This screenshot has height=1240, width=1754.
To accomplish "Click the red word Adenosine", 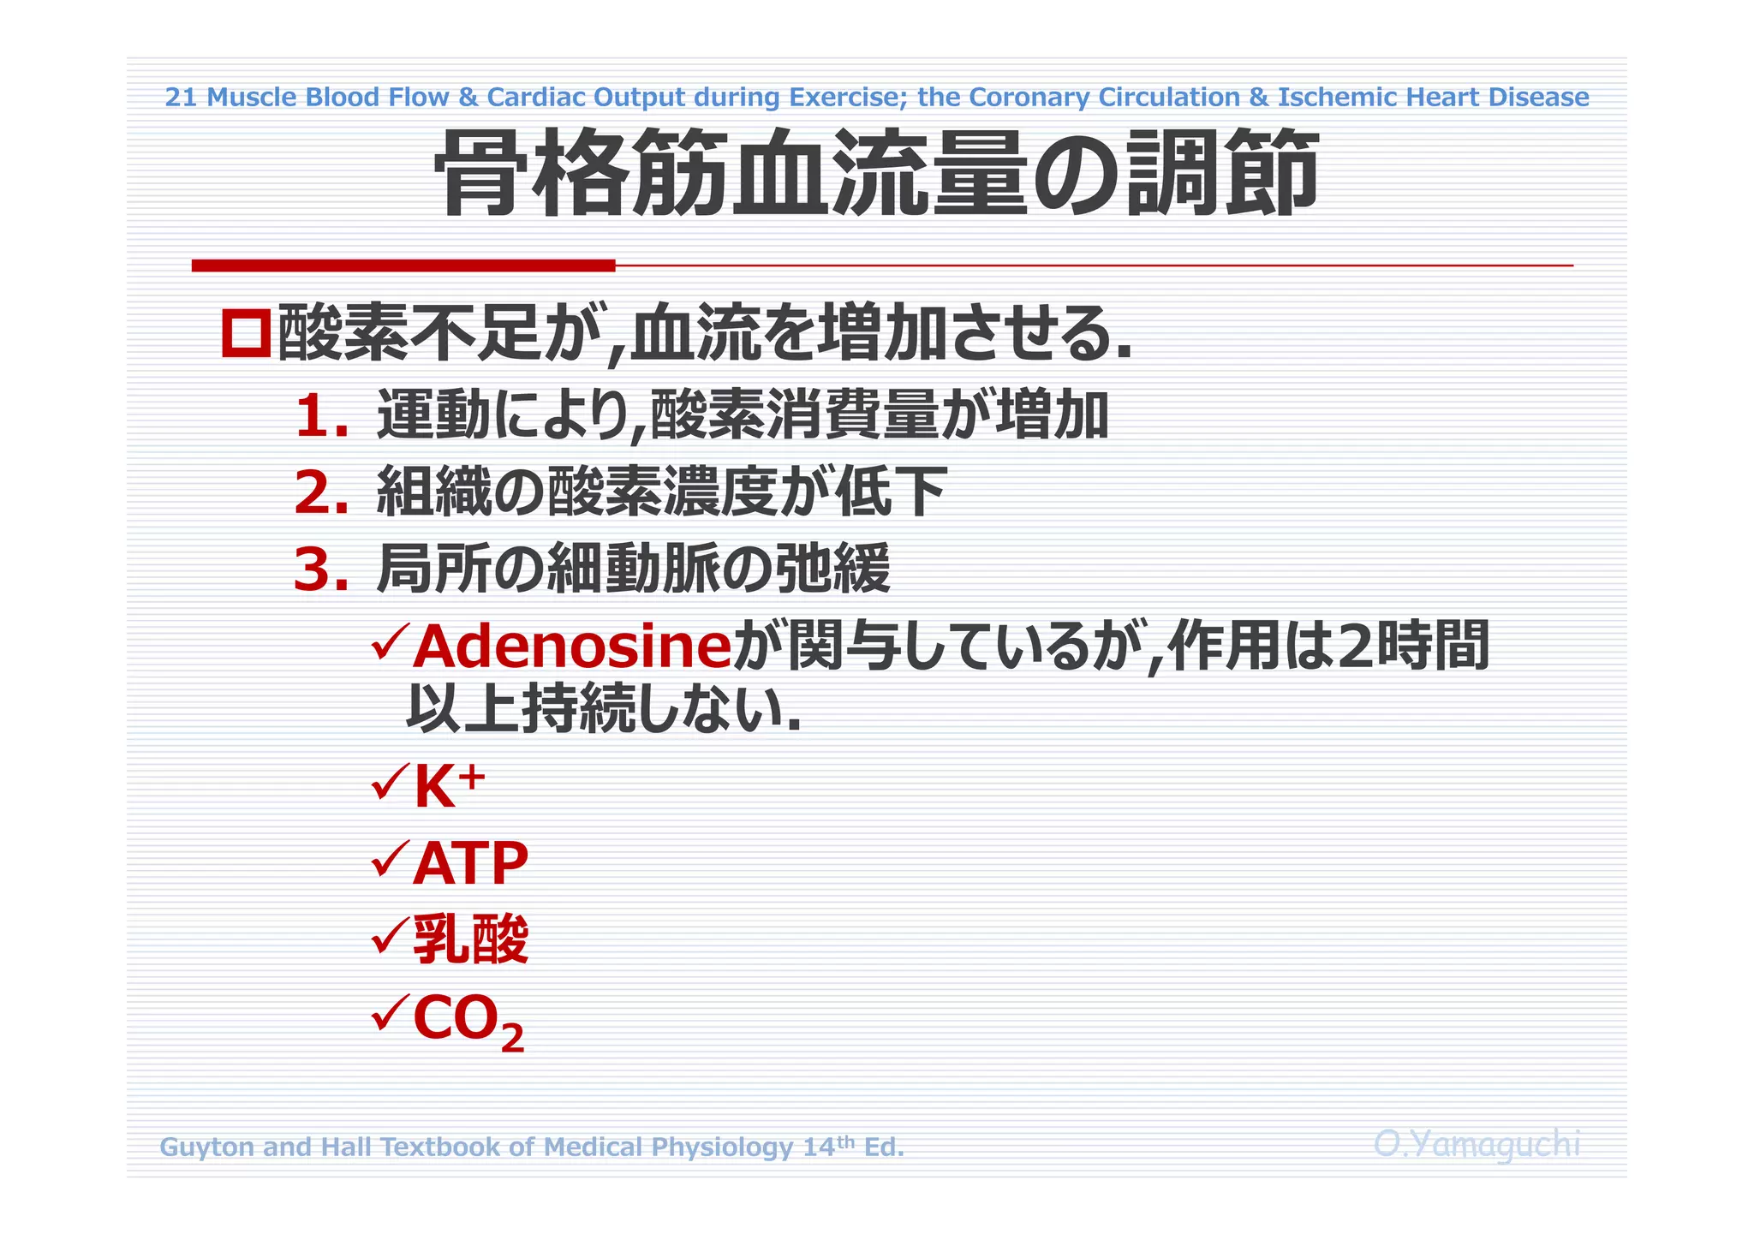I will coord(571,647).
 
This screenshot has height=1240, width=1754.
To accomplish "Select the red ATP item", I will coord(470,863).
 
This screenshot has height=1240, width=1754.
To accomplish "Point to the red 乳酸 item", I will coord(470,939).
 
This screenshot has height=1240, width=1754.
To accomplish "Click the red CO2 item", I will coord(468,1021).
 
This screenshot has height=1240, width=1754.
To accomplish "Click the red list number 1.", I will coord(320,417).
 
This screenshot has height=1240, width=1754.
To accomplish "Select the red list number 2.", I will coord(320,494).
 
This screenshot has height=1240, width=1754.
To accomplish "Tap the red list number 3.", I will coord(320,570).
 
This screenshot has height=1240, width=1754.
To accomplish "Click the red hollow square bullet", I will coord(247,333).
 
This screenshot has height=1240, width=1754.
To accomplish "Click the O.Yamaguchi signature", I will coord(1477,1144).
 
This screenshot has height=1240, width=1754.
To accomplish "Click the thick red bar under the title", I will coord(403,265).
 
